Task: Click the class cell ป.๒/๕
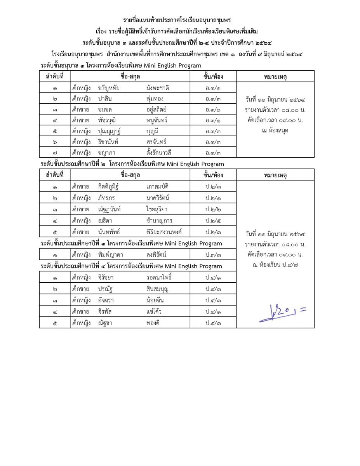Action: point(213,221)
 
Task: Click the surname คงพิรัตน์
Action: point(157,255)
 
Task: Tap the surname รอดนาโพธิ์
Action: point(159,278)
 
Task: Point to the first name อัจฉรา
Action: point(108,300)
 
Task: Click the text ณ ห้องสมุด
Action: point(275,131)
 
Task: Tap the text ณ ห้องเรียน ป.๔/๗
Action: point(275,265)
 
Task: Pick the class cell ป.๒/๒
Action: point(213,209)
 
